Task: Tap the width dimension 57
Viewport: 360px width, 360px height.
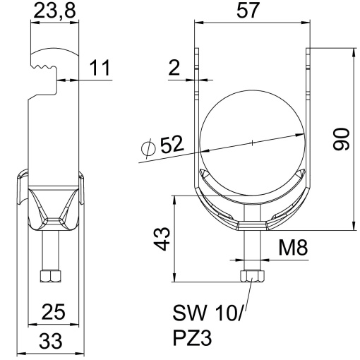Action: pyautogui.click(x=251, y=12)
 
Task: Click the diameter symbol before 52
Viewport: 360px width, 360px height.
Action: pyautogui.click(x=148, y=149)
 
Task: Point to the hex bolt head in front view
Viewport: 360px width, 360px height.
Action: pyautogui.click(x=251, y=277)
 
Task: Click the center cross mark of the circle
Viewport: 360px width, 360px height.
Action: pyautogui.click(x=251, y=143)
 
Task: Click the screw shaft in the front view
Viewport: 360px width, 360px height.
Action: pyautogui.click(x=251, y=251)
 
